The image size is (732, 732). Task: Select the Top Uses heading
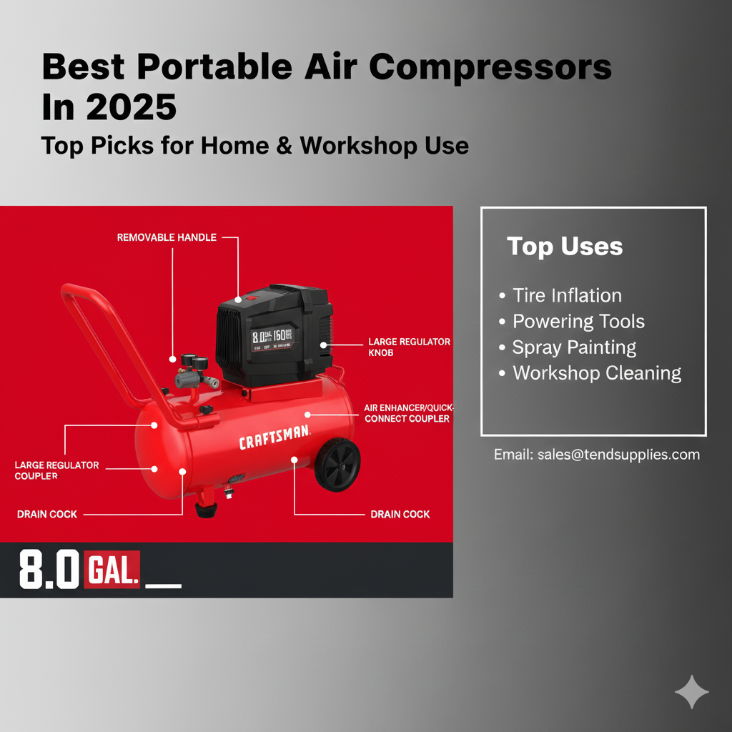pos(565,247)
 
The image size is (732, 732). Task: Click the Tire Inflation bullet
pos(567,295)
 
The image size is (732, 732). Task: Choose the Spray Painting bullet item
pos(574,347)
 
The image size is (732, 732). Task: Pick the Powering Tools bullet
pos(578,322)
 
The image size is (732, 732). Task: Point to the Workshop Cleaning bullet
pos(596,373)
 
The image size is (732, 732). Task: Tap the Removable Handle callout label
pos(167,237)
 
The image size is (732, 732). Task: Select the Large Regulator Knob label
pos(409,347)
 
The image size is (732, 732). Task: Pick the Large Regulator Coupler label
pos(56,470)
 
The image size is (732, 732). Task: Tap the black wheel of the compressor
pos(337,465)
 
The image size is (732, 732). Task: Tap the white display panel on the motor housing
pos(271,337)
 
